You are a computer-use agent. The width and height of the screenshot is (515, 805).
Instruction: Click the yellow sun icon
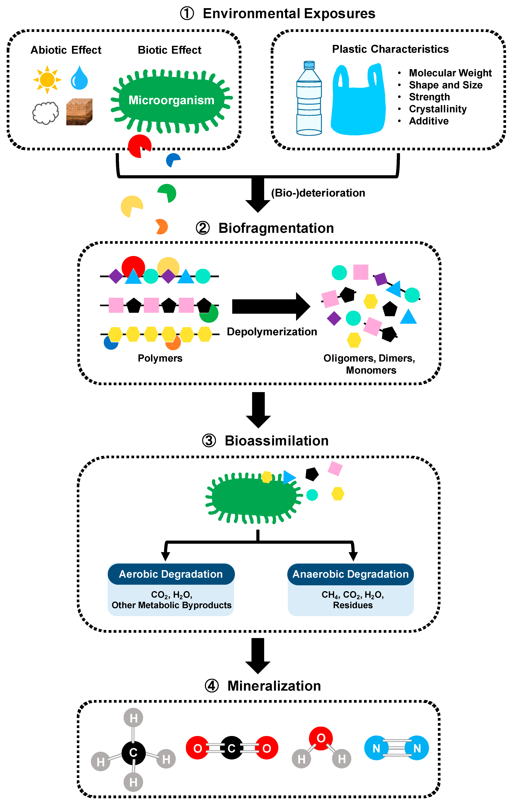(47, 80)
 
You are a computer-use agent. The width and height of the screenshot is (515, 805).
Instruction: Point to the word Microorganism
(171, 100)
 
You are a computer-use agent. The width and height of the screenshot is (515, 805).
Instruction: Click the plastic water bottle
(309, 99)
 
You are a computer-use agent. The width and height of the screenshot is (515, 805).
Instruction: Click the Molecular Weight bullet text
(450, 73)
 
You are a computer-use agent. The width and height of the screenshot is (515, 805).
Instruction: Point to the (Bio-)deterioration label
(318, 193)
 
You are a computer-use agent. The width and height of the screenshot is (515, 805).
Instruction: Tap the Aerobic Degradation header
(171, 574)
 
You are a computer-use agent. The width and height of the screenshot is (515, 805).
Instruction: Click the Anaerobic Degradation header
(351, 574)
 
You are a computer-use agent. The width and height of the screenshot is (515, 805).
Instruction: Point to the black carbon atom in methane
(133, 753)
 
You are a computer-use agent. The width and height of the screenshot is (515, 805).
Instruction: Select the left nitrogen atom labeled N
(376, 748)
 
